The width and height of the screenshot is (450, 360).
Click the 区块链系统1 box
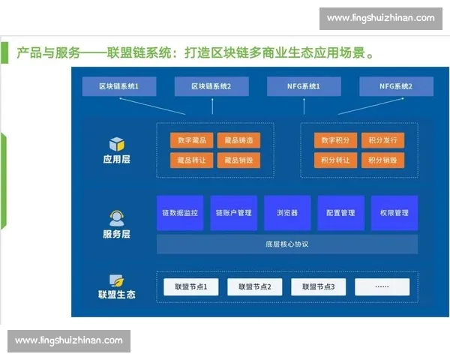click(x=118, y=87)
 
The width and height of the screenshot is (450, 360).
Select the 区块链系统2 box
click(x=211, y=87)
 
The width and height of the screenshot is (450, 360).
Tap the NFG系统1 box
click(x=304, y=87)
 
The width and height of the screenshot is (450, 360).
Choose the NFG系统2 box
click(x=396, y=87)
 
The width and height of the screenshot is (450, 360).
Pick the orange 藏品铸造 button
click(x=238, y=140)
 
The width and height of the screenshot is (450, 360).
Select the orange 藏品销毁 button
click(x=238, y=160)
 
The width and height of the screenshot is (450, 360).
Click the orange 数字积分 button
click(x=334, y=140)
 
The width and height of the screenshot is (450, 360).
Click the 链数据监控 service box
click(x=180, y=213)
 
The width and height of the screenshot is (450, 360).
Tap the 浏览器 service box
click(x=287, y=213)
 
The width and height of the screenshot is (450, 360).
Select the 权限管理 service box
click(x=394, y=213)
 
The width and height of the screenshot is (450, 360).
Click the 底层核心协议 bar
click(x=287, y=244)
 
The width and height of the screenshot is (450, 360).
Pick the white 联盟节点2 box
click(x=254, y=286)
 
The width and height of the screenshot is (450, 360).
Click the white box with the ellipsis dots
click(x=382, y=286)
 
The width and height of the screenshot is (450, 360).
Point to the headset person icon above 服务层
click(x=116, y=218)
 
